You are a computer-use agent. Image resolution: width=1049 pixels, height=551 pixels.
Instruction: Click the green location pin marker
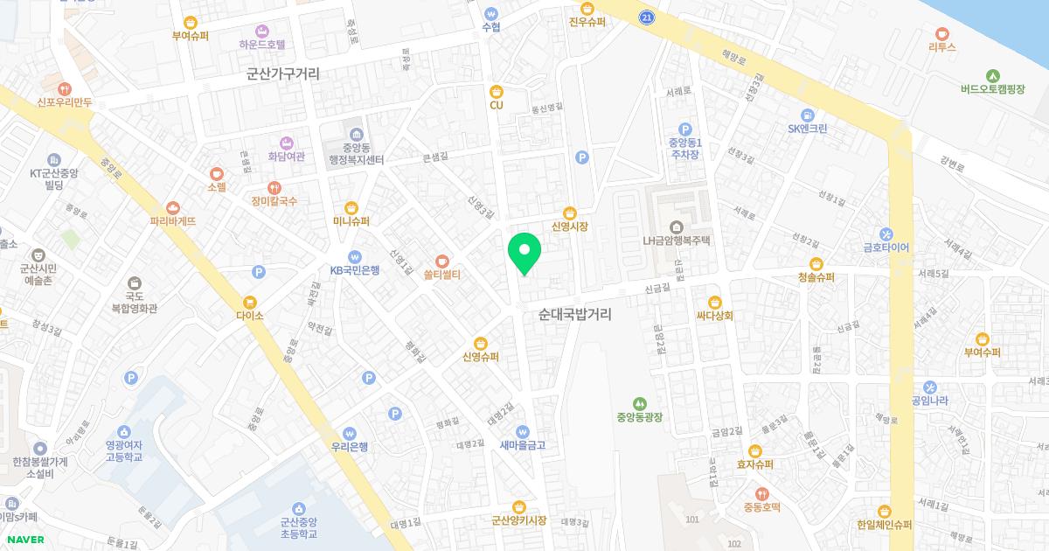[524, 254]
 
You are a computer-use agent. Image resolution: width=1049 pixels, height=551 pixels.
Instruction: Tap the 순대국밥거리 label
[574, 314]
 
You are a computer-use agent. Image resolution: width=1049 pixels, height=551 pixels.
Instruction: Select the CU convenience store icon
[496, 90]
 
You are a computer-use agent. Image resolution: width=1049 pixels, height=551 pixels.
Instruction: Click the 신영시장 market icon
[569, 212]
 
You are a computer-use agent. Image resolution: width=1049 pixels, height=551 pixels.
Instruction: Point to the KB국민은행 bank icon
[354, 256]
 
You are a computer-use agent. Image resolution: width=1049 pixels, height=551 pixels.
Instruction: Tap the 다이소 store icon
[258, 274]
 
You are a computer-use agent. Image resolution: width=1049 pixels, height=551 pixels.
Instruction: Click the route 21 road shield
[646, 17]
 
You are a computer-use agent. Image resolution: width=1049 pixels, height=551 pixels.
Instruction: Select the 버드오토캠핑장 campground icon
[992, 75]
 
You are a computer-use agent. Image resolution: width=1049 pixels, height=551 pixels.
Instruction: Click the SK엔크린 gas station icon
[807, 114]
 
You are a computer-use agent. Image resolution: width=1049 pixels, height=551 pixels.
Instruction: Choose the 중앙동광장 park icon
[640, 403]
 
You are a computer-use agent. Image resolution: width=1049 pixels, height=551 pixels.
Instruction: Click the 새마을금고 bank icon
[522, 430]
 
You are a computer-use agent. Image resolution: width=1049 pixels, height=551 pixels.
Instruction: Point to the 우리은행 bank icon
[350, 432]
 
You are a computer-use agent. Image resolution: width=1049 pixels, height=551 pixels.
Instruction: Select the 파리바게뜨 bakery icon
[172, 207]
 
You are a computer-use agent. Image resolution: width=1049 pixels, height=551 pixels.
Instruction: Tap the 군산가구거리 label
[283, 74]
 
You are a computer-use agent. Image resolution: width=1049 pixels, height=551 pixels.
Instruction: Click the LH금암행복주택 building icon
[677, 227]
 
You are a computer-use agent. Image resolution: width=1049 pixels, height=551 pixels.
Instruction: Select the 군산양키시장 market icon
[518, 506]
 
